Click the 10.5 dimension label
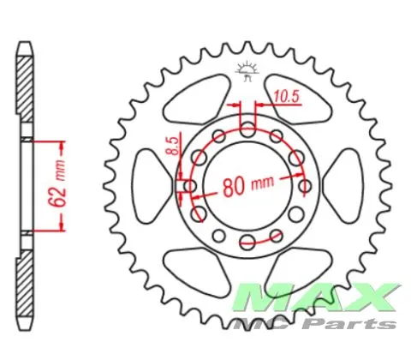(x=287, y=97)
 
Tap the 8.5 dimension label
(x=172, y=146)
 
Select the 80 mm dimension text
(x=247, y=186)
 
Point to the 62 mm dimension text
(x=57, y=183)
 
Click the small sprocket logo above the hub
(x=247, y=71)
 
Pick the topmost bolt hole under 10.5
(x=247, y=129)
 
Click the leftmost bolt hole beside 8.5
(x=190, y=186)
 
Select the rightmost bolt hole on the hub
(x=305, y=186)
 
